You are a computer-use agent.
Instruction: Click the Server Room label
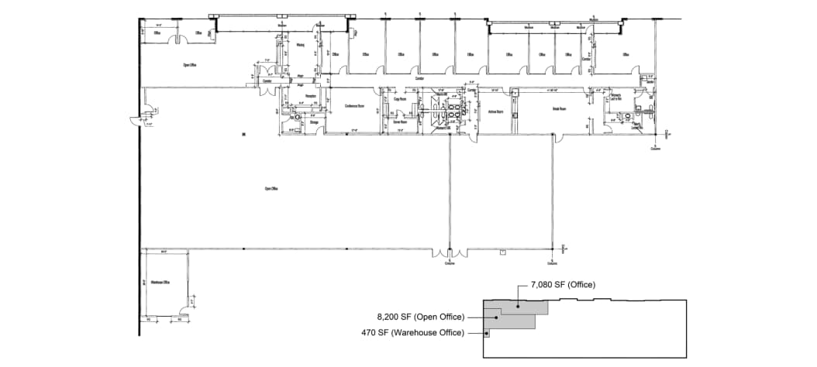click(400, 122)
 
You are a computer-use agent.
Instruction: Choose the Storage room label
click(314, 122)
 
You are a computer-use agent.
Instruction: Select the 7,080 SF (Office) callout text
click(563, 285)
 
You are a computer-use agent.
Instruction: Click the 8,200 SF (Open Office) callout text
click(421, 317)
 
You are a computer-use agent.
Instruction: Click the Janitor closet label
click(651, 81)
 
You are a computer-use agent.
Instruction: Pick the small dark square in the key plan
click(486, 334)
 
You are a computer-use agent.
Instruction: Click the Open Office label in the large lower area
click(271, 188)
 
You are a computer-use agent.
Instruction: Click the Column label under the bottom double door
click(449, 263)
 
